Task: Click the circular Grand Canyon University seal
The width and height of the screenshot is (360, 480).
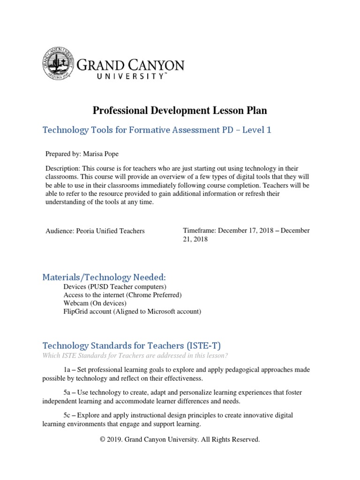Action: [59, 64]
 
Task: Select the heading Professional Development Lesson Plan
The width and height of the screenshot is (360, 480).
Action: [180, 111]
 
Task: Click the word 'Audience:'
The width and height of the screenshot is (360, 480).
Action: [60, 231]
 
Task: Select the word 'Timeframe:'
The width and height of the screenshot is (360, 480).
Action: [199, 231]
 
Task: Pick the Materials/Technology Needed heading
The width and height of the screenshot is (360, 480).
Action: [104, 277]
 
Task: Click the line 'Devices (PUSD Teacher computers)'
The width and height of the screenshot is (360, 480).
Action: [115, 286]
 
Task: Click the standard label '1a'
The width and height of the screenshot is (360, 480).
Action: [67, 370]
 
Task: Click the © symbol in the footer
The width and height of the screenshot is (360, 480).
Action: [103, 440]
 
